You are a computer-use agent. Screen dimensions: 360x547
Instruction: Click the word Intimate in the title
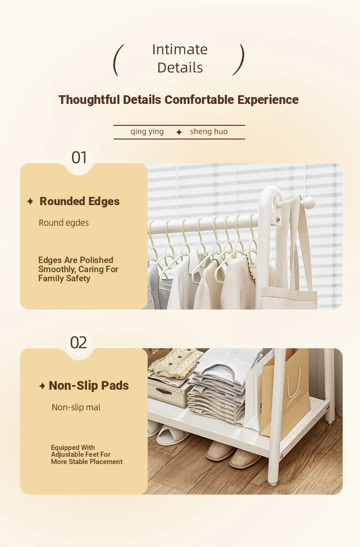coord(180,50)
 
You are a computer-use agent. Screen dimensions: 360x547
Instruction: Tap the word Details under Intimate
coord(180,67)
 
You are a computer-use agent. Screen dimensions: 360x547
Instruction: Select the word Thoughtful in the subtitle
coord(89,100)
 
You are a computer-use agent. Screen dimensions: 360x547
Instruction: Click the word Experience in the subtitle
coord(268,100)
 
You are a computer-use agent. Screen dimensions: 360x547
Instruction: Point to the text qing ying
coord(147,132)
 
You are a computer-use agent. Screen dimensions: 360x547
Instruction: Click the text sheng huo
coord(209,132)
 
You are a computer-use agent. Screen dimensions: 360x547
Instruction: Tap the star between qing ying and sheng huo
coord(179,132)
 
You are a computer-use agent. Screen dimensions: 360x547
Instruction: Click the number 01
coord(79,158)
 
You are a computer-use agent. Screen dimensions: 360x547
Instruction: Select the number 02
coord(78,342)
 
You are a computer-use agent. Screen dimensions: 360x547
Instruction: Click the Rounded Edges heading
coord(80,201)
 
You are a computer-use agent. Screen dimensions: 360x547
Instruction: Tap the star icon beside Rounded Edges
coord(30,201)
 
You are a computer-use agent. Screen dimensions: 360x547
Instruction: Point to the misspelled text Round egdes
coord(64,223)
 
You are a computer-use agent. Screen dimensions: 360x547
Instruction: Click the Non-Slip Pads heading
coord(88,386)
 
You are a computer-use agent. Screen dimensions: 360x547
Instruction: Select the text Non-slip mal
coord(76,408)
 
